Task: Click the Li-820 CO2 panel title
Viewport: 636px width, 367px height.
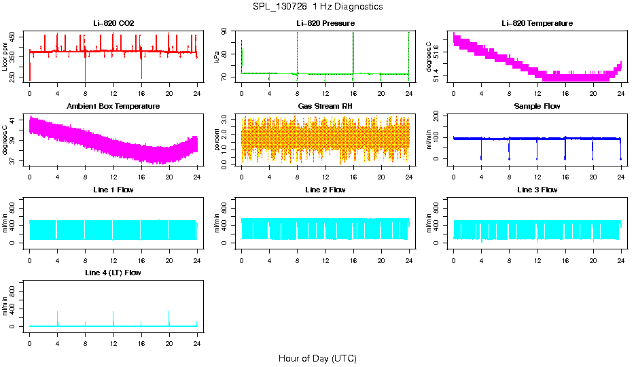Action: [x=113, y=24]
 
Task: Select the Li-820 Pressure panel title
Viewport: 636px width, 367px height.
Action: [x=325, y=24]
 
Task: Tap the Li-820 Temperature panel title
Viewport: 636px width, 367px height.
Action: [x=537, y=24]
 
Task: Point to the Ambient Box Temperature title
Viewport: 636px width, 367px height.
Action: [x=113, y=107]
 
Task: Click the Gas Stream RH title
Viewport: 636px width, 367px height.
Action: [x=325, y=107]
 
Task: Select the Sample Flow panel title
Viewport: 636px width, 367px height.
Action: [x=537, y=107]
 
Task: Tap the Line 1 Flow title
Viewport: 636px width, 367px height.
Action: [x=113, y=190]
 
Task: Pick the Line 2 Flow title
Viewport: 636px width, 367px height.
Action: [x=325, y=190]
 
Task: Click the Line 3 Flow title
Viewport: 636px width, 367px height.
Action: [x=537, y=190]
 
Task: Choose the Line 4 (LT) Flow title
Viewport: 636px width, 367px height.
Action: [x=113, y=273]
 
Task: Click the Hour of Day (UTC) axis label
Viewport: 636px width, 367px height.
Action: [x=317, y=358]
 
